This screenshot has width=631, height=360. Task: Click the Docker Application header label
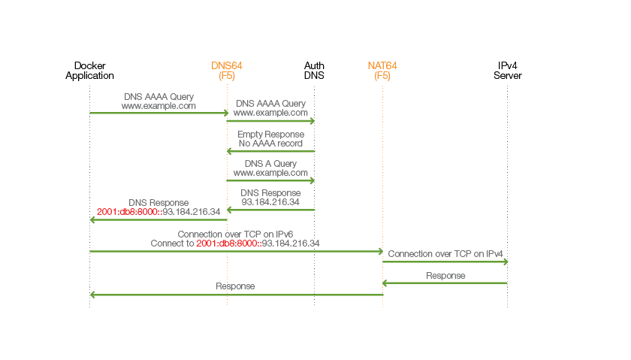tap(89, 71)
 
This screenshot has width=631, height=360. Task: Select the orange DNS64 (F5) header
tap(227, 71)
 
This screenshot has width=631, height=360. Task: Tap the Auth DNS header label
tap(314, 71)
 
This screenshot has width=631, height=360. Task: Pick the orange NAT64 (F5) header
tap(382, 71)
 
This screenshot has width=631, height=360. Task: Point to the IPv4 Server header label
tap(507, 71)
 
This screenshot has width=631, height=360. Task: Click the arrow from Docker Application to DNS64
tap(159, 113)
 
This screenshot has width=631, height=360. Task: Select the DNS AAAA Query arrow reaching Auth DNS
tap(270, 120)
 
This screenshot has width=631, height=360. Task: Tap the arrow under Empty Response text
tap(270, 151)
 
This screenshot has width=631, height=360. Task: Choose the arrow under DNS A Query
tap(270, 180)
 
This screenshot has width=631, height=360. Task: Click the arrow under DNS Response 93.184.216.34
tap(270, 210)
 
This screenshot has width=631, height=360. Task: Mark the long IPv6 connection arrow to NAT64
tap(237, 251)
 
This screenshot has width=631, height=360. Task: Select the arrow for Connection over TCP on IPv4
tap(445, 262)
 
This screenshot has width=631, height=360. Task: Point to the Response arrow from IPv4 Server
tap(445, 283)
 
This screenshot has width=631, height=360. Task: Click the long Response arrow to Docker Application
tap(237, 295)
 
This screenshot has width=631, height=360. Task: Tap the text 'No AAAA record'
tap(270, 143)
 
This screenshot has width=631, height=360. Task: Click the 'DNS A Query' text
tap(270, 163)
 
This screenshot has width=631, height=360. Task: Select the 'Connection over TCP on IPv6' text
tap(235, 234)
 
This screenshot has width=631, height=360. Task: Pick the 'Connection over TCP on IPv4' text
tap(445, 254)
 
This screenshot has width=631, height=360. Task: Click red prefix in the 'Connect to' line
tap(228, 244)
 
